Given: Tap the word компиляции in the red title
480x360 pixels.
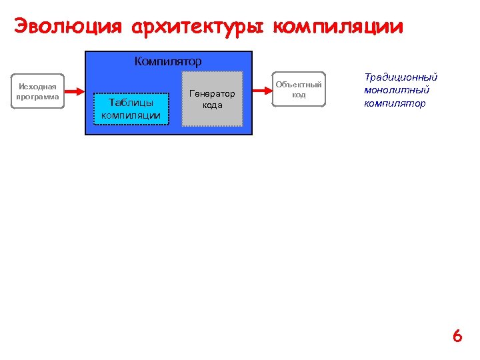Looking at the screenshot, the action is click(339, 27).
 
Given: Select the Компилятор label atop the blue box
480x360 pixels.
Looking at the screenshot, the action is click(168, 61).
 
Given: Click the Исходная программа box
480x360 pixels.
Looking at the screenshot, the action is click(38, 91).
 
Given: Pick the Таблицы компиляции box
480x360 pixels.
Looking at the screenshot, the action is click(131, 109).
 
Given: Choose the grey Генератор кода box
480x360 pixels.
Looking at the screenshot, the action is click(212, 99).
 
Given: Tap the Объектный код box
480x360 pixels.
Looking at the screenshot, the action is click(299, 89).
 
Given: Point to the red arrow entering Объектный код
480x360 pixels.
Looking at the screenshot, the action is click(263, 89).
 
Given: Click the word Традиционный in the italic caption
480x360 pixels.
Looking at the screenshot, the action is click(400, 77).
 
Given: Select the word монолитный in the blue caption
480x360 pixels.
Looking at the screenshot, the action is click(396, 90).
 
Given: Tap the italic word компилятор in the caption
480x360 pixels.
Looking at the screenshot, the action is click(395, 103).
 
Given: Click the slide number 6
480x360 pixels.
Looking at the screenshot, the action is click(457, 336).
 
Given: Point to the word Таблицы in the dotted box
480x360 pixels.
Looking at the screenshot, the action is click(131, 103).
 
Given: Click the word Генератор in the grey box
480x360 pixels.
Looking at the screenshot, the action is click(212, 93).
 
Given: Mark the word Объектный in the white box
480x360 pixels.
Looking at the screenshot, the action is click(299, 85).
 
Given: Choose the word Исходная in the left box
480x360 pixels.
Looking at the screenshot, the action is click(38, 86).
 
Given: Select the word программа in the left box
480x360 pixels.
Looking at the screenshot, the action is click(38, 96).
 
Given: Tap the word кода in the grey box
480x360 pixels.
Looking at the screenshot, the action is click(212, 105).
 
